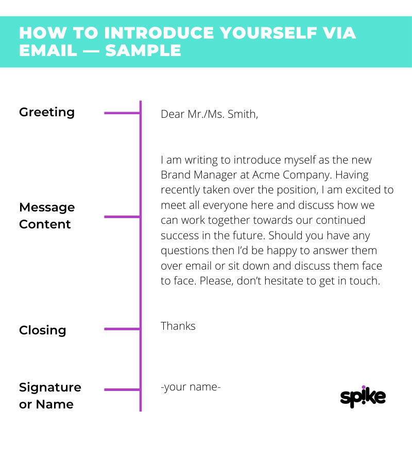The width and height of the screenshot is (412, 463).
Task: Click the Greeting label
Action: (47, 113)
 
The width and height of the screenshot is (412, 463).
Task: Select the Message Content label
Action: (47, 216)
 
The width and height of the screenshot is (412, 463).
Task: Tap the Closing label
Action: (43, 330)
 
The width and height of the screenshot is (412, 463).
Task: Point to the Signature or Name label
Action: (50, 396)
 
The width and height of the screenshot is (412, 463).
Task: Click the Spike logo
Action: (363, 397)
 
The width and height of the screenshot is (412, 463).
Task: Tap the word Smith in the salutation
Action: (243, 114)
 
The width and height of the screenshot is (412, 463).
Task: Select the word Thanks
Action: (178, 326)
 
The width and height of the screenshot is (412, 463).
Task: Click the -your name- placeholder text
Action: (191, 387)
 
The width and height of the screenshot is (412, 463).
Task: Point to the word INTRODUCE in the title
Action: (159, 33)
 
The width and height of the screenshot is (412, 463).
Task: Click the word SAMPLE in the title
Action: (143, 50)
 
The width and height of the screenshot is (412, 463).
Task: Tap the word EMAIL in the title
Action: (48, 50)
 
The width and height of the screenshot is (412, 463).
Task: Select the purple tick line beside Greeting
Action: (122, 113)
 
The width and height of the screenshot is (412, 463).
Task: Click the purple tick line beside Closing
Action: (122, 329)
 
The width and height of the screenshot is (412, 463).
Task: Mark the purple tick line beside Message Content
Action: (122, 217)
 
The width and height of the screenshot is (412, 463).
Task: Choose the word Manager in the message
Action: (215, 175)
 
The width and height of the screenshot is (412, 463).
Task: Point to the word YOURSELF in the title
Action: (268, 33)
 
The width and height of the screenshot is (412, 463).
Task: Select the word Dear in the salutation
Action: (173, 114)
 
